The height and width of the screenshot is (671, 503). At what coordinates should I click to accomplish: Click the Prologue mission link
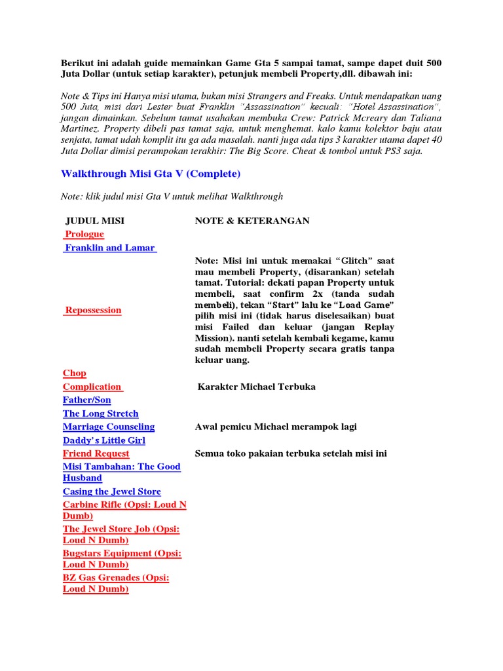coord(84,234)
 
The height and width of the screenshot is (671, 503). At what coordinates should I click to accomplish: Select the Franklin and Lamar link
coord(109,248)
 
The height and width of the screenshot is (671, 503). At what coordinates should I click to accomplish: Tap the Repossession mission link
coord(92,310)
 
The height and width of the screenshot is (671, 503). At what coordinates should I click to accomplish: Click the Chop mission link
coord(75,373)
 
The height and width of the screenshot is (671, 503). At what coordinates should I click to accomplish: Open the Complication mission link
coord(92,387)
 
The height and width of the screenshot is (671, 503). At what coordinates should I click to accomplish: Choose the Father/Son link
coord(87,400)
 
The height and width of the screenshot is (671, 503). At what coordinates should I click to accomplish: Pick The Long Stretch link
coord(101,413)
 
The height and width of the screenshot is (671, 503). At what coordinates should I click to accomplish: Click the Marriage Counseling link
coord(109,427)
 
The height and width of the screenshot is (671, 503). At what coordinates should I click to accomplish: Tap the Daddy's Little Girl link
coord(104,440)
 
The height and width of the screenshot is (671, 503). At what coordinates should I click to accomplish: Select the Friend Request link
coord(96,453)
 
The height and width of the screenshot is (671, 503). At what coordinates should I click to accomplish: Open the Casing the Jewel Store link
coord(112,491)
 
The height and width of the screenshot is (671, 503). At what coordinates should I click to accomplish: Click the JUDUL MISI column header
coord(95,221)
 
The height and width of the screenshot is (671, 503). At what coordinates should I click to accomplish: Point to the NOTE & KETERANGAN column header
coord(252,221)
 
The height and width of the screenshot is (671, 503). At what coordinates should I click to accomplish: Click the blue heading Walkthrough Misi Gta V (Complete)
coord(151,174)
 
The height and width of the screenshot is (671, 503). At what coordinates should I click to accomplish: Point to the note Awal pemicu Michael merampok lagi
coord(276,427)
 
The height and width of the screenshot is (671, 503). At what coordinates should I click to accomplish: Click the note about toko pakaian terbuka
coord(291,453)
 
